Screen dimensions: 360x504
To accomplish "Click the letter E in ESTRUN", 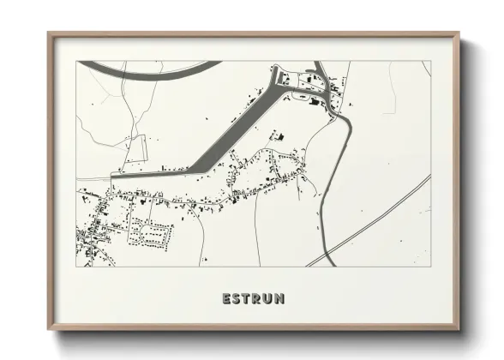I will point(226,299).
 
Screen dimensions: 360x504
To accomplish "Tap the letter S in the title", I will point(237,299).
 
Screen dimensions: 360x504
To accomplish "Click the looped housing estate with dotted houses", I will point(150,231).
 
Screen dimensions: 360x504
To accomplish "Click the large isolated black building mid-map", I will point(277,135).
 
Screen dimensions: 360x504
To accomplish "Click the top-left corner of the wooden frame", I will point(50,34).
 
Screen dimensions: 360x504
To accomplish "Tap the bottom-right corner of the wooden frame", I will point(457,328).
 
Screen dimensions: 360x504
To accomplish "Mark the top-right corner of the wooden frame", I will point(457,34).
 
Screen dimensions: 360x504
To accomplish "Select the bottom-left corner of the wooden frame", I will point(50,328).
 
